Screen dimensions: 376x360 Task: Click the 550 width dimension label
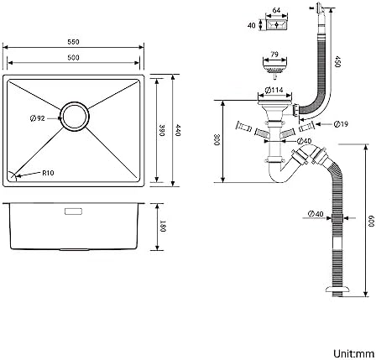73,42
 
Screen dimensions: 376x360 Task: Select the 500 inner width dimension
73,58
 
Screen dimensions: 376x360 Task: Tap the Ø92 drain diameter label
38,118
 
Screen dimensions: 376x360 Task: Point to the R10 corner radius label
48,173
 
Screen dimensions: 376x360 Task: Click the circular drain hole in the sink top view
75,117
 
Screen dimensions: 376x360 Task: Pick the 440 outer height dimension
178,130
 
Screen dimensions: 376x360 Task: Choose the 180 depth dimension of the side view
163,227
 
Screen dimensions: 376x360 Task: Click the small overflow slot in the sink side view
73,211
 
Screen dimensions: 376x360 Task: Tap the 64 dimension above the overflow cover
276,10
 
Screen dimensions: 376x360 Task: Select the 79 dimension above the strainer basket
274,54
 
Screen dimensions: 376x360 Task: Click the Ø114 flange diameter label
274,90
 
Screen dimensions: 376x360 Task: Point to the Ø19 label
341,123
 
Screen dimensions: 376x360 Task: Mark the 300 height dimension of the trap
217,140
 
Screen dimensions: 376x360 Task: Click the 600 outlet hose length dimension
371,222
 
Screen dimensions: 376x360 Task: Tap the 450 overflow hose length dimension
337,61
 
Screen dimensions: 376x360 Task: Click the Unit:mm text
352,353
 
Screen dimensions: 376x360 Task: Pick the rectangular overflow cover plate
276,24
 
